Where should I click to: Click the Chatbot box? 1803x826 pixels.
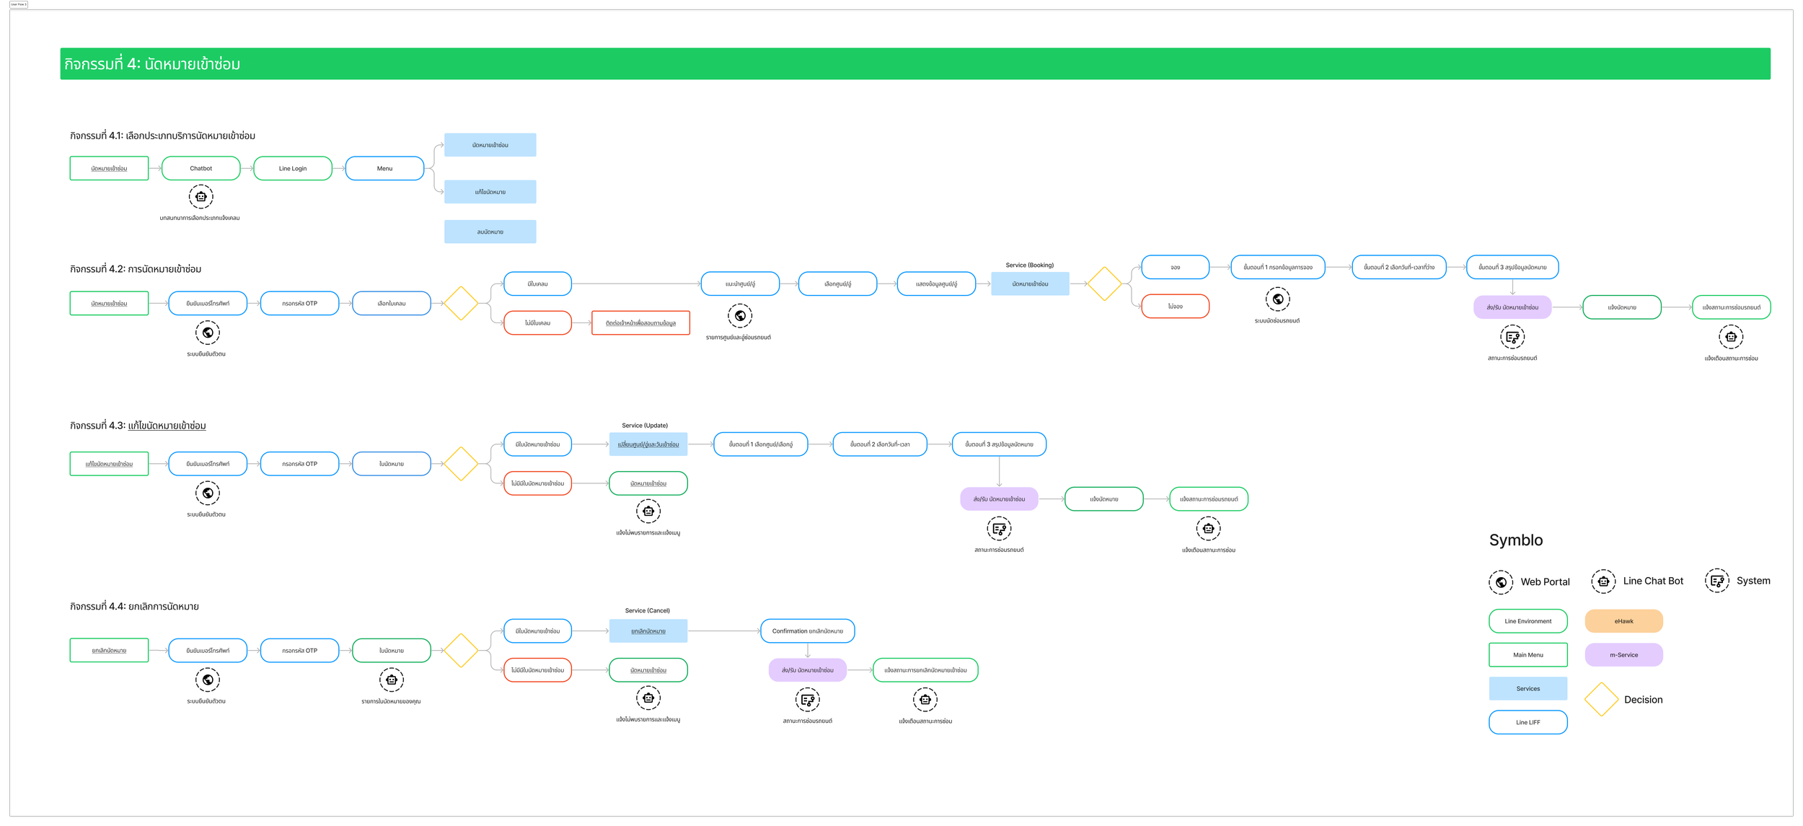point(200,168)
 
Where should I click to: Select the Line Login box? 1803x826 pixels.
point(293,168)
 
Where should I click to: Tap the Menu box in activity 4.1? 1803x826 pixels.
point(384,168)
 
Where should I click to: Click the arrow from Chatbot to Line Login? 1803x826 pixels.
point(247,168)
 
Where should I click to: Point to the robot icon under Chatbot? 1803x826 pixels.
point(200,196)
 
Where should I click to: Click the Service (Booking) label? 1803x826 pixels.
point(1029,265)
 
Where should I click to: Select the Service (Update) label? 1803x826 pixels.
point(645,426)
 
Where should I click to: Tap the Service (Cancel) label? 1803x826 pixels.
point(647,610)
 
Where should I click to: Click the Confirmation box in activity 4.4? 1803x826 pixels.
point(807,631)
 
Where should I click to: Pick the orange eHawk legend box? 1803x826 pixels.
point(1623,621)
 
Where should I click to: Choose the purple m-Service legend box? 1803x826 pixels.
point(1623,655)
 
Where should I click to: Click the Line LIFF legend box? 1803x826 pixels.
point(1528,722)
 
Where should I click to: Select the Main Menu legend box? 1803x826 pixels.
point(1528,655)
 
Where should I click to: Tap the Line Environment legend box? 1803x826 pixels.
point(1528,621)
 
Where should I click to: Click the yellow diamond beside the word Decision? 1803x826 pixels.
point(1601,699)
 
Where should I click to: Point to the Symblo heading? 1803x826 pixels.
point(1516,540)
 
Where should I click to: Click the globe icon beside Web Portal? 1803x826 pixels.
point(1501,581)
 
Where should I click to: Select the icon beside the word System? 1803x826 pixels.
point(1717,581)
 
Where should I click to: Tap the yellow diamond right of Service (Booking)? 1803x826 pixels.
point(1104,284)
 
